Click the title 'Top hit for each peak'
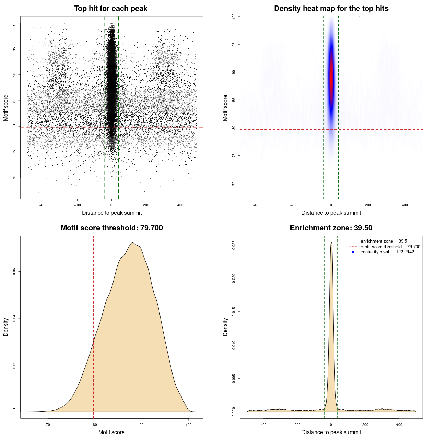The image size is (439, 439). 110,9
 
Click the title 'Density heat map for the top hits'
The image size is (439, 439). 331,9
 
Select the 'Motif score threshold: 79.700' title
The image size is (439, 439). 111,228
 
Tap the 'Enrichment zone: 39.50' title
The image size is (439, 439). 331,228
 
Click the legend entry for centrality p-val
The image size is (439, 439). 387,252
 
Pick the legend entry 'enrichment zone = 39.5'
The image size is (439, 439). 383,241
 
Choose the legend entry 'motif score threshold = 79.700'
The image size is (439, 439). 390,247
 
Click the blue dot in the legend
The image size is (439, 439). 353,252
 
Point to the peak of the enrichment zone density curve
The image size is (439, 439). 331,243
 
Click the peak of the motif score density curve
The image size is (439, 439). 132,243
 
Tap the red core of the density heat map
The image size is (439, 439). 331,77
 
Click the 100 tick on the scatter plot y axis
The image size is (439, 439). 14,23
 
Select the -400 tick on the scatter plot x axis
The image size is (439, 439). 43,205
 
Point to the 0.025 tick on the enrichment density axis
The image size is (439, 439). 234,245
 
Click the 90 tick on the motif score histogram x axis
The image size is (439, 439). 141,425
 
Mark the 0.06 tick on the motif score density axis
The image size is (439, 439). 14,272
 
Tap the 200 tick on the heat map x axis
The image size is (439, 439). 368,205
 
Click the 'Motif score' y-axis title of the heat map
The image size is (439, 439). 225,108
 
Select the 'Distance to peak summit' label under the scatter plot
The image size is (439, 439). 112,213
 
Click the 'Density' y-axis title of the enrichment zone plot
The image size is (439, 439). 225,327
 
